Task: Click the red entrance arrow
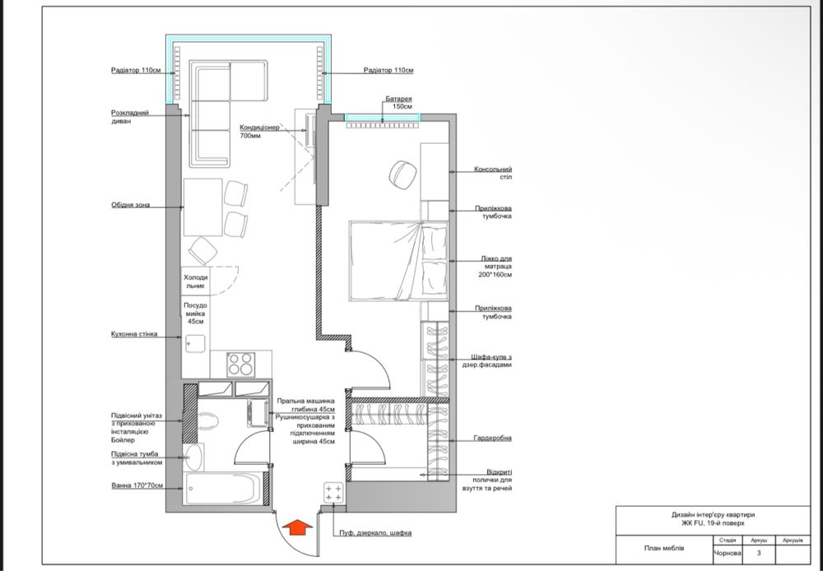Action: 297,527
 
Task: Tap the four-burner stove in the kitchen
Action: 241,364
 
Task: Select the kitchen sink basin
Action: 195,344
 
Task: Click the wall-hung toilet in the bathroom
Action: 208,421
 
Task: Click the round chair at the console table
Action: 402,174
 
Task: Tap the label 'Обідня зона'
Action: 130,205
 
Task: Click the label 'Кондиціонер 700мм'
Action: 259,132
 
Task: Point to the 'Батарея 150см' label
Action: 398,102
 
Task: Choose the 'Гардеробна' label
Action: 492,438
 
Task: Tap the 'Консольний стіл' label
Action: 493,173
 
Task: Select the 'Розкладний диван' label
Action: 130,117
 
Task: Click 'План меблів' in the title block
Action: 664,549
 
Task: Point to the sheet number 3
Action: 759,553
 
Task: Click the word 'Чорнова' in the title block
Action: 727,553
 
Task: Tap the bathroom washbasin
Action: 193,457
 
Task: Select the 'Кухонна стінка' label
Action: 134,334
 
